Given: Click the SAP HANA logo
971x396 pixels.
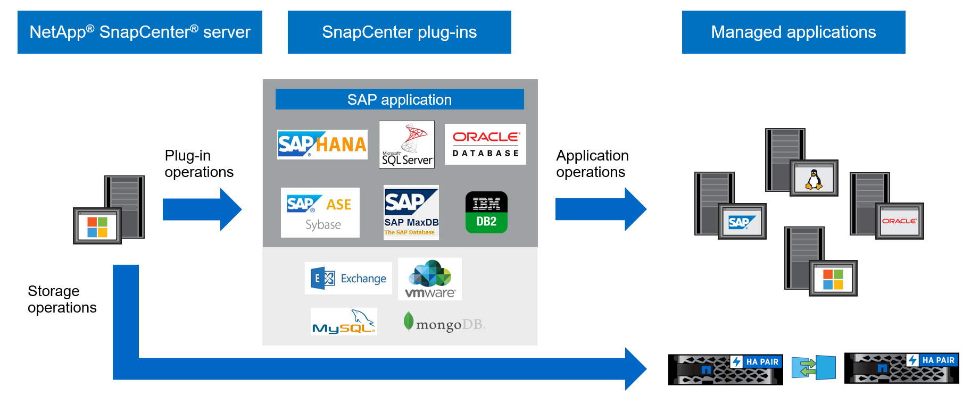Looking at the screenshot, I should (x=322, y=145).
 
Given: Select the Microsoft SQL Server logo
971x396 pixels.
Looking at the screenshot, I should (x=406, y=145).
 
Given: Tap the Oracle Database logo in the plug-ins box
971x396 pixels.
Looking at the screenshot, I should (x=485, y=144).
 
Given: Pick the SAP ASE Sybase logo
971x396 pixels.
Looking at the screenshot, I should (x=320, y=213).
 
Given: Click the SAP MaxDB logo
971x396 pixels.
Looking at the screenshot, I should (x=411, y=212).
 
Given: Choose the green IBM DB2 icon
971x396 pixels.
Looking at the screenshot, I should (x=486, y=212).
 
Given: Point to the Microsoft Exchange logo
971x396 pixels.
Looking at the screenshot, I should (x=348, y=278).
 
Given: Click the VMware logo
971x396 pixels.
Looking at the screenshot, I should (x=430, y=279).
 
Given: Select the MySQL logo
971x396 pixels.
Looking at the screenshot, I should (x=344, y=322).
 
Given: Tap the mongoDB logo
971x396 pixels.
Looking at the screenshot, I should (x=444, y=323).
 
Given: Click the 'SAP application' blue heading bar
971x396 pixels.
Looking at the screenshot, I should (x=400, y=99).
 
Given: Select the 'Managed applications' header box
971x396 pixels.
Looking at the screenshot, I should (x=793, y=32).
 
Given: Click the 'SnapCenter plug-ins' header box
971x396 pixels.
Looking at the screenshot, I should (x=399, y=32).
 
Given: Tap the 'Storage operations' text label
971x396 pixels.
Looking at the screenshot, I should (x=62, y=299).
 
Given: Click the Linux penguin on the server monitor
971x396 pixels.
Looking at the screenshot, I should (x=814, y=179).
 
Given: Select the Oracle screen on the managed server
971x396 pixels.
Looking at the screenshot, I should (x=899, y=221).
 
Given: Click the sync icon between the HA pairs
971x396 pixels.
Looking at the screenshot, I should (x=813, y=367).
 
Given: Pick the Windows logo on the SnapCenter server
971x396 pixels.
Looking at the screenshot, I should (x=97, y=226).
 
